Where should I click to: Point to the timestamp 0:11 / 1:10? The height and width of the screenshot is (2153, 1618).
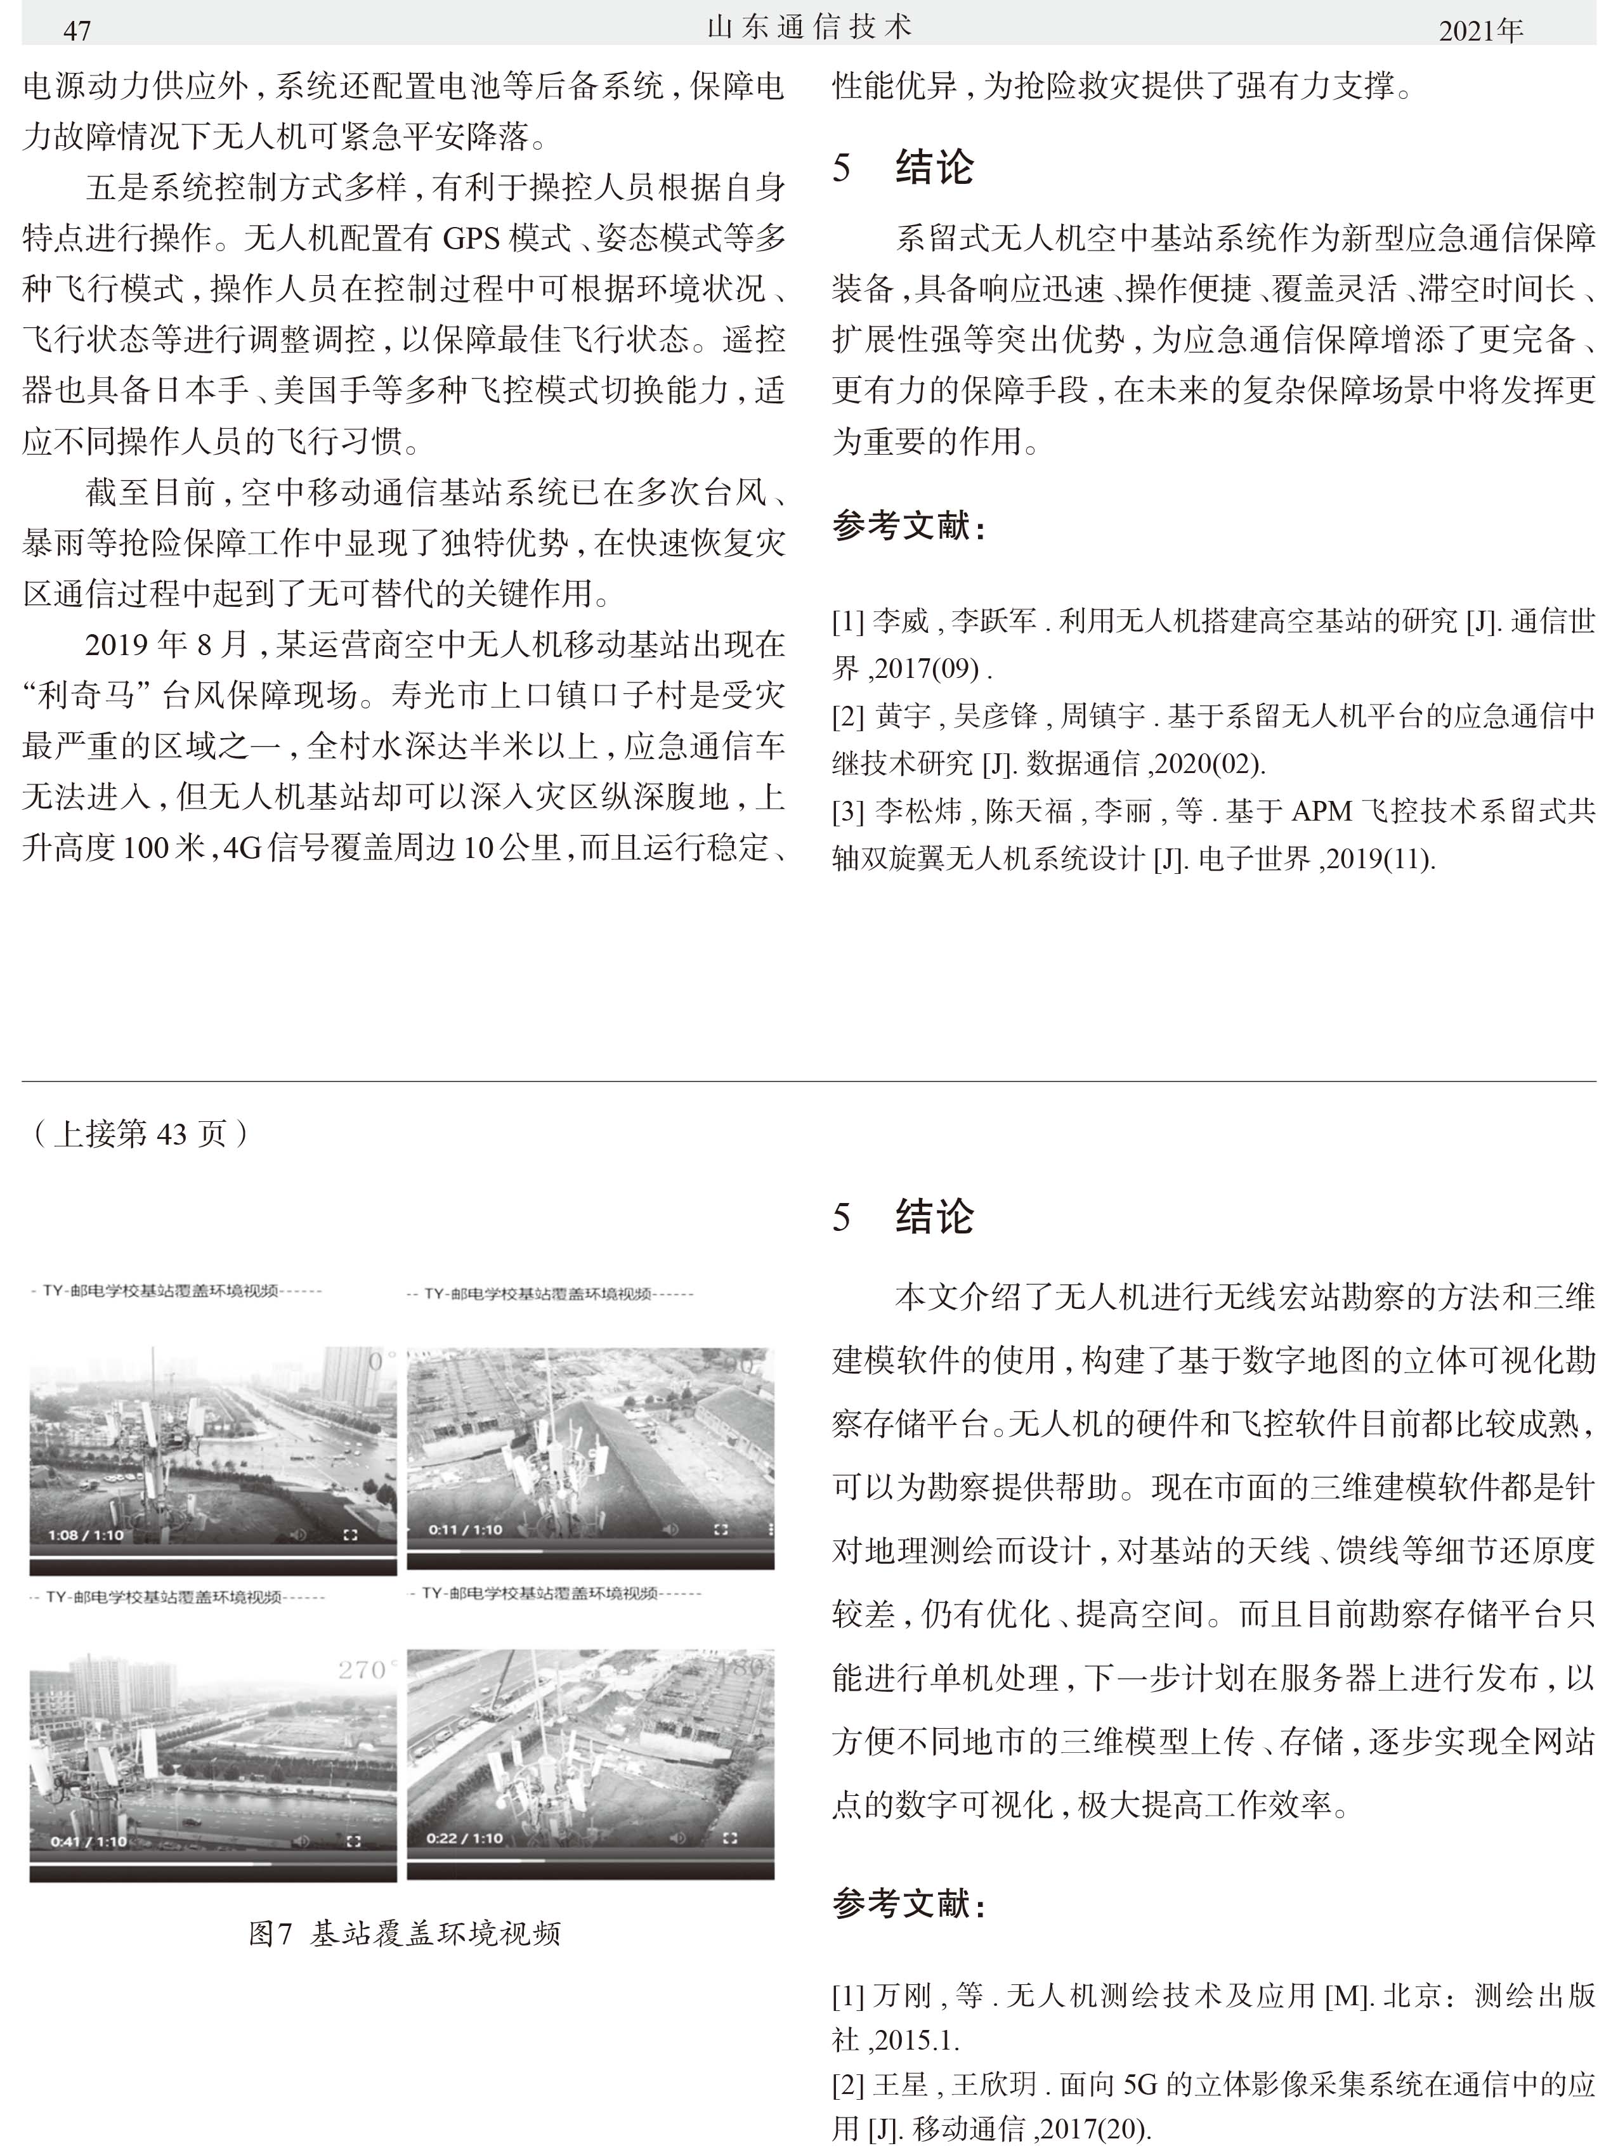466,1529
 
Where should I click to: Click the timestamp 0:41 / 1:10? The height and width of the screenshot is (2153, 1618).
89,1840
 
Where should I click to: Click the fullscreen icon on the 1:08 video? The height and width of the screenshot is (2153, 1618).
351,1535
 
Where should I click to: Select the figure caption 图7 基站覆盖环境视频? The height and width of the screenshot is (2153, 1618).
404,1933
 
